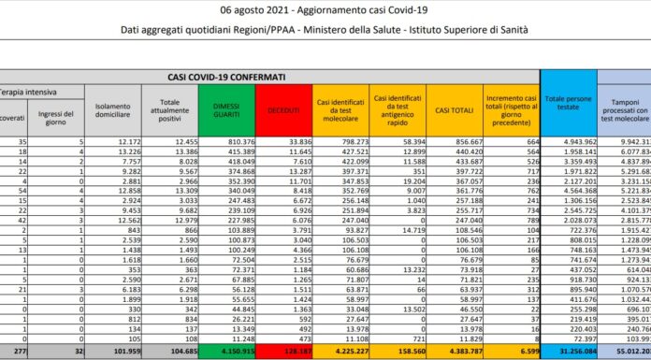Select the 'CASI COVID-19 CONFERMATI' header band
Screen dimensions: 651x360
tap(226, 77)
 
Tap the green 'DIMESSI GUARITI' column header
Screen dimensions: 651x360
tap(224, 110)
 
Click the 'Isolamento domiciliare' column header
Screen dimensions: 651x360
tap(112, 110)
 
